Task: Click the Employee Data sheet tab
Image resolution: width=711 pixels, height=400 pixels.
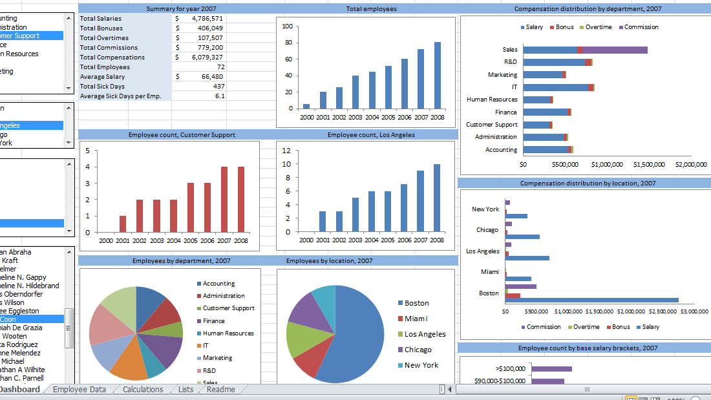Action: click(x=79, y=389)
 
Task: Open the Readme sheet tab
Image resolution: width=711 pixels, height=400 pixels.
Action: click(x=220, y=389)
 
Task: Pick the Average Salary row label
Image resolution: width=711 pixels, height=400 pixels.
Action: click(x=103, y=76)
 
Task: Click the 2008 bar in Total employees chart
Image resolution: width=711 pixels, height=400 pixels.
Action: click(x=438, y=75)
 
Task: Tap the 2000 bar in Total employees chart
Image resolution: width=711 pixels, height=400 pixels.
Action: click(x=306, y=106)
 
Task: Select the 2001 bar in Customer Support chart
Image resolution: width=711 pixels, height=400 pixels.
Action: click(x=123, y=224)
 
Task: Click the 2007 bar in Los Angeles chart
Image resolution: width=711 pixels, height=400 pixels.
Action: click(x=420, y=201)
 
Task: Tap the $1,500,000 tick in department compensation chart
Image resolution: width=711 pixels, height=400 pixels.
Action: click(x=649, y=164)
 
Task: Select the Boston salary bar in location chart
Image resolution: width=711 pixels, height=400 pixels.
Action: click(x=591, y=300)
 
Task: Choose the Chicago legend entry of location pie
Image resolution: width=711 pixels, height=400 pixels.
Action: click(x=418, y=350)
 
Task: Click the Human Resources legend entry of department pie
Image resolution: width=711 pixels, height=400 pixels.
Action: click(x=228, y=333)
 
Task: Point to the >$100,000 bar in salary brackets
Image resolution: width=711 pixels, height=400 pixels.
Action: click(x=551, y=369)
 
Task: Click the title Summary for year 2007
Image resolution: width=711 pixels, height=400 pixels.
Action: click(x=181, y=9)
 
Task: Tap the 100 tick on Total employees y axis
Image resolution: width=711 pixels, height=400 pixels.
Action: click(x=288, y=26)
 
